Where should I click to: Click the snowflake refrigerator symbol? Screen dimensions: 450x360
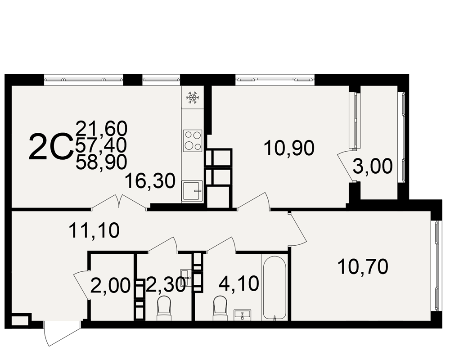(x=193, y=98)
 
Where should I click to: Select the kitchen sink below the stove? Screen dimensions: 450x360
(x=192, y=191)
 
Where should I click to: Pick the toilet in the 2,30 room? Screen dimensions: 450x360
(x=164, y=309)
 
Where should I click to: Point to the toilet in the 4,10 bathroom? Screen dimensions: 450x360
(x=220, y=309)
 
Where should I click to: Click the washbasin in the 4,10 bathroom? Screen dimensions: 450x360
(x=243, y=315)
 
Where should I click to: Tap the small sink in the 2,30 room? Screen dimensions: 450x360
(x=185, y=278)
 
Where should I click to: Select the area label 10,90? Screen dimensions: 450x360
(x=289, y=148)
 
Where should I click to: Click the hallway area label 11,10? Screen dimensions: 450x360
(x=94, y=230)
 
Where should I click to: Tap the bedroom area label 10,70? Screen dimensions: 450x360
(x=363, y=266)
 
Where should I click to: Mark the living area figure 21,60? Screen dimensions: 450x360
(x=101, y=128)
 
